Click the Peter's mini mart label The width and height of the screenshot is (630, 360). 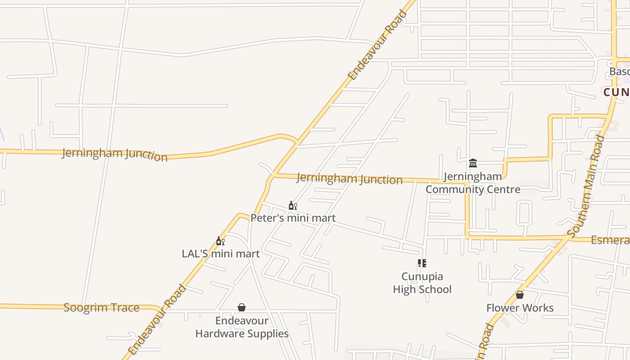click(293, 218)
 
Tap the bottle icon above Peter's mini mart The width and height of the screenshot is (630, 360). click(292, 206)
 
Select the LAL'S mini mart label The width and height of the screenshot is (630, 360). click(220, 254)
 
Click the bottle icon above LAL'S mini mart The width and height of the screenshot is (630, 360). click(220, 241)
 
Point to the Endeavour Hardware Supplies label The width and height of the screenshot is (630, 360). click(242, 327)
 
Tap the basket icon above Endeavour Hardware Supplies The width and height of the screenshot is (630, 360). click(242, 307)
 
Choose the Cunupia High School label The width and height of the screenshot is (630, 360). click(422, 283)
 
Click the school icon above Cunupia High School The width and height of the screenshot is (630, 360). click(422, 263)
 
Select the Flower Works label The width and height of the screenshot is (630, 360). click(520, 308)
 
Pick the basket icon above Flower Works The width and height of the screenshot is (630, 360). click(520, 295)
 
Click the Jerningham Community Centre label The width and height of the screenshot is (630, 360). click(473, 183)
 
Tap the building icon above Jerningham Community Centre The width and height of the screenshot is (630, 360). click(472, 163)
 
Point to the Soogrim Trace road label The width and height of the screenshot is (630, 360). click(101, 308)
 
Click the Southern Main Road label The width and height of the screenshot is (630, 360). click(586, 185)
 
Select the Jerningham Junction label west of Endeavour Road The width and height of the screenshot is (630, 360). click(114, 154)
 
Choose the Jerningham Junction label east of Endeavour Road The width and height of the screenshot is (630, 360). click(349, 178)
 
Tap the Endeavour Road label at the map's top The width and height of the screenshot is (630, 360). click(378, 45)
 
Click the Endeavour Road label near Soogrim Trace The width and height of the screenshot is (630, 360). click(157, 319)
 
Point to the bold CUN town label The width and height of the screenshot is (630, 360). click(616, 92)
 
